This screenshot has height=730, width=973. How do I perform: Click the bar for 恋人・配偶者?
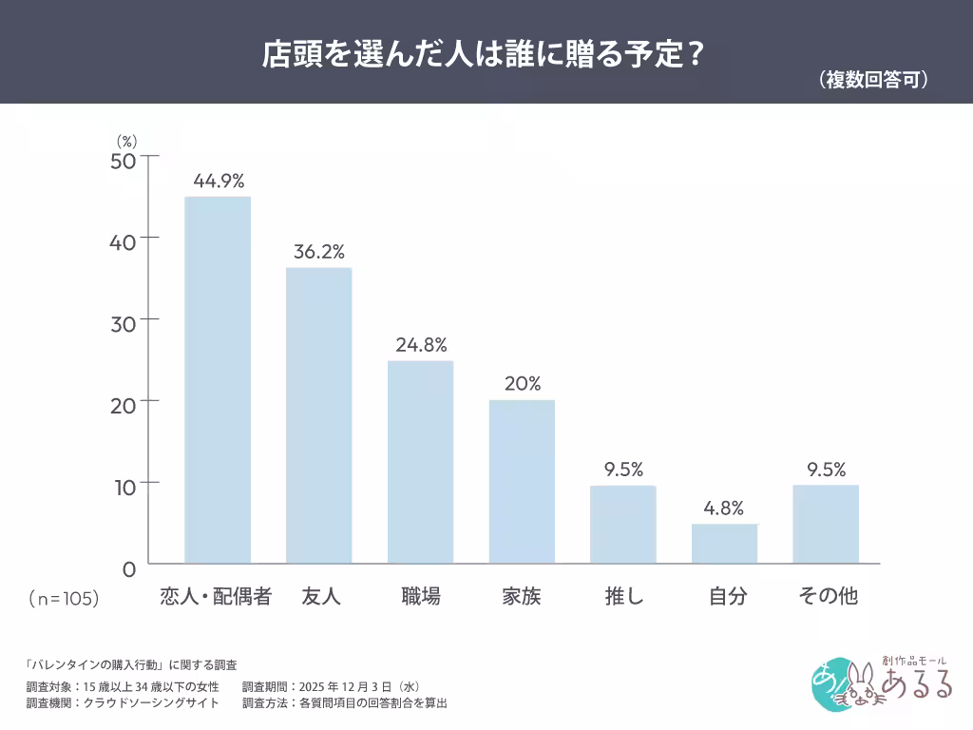[218, 380]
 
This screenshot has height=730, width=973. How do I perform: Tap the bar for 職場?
[420, 462]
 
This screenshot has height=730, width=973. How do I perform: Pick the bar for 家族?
[522, 482]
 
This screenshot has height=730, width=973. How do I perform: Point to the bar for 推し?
[623, 525]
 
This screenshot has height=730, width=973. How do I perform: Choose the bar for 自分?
[724, 544]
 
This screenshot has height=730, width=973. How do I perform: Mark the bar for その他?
[826, 525]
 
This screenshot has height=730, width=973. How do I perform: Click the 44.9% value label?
[219, 181]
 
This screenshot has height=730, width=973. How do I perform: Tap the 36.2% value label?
[319, 252]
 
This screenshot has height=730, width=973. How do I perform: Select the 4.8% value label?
[724, 509]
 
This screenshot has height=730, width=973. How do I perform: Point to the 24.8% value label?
[421, 345]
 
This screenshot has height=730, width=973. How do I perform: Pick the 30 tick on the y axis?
[123, 320]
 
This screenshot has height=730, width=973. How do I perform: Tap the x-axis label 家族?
[522, 597]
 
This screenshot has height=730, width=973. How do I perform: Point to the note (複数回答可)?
[872, 81]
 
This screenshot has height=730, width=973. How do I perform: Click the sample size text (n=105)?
[63, 599]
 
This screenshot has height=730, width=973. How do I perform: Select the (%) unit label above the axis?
[127, 141]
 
